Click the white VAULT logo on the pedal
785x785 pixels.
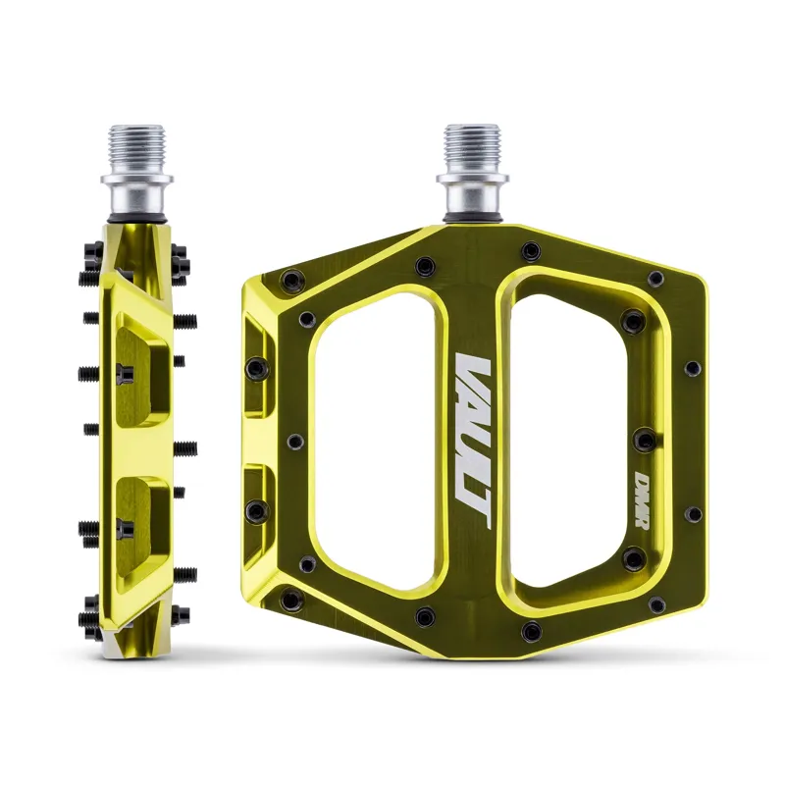[474, 432]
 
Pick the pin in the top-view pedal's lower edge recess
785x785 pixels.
[256, 508]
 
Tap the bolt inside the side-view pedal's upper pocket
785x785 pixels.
[124, 373]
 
